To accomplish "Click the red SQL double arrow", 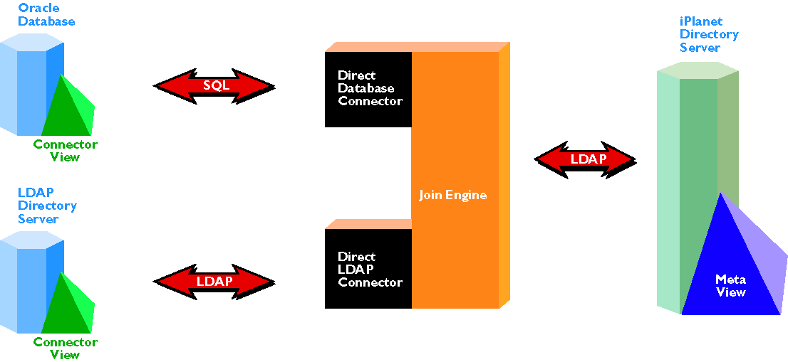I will [214, 86].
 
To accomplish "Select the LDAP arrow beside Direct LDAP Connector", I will [214, 282].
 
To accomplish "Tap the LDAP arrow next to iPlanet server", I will [586, 159].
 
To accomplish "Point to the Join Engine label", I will [453, 195].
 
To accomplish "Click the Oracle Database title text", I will [46, 15].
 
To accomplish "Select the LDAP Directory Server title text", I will [47, 206].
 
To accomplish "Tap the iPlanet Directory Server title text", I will [709, 35].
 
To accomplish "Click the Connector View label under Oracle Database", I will [66, 150].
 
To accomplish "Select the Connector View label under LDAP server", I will [66, 348].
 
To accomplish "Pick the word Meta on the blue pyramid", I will [730, 280].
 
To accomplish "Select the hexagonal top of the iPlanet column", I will [697, 70].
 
